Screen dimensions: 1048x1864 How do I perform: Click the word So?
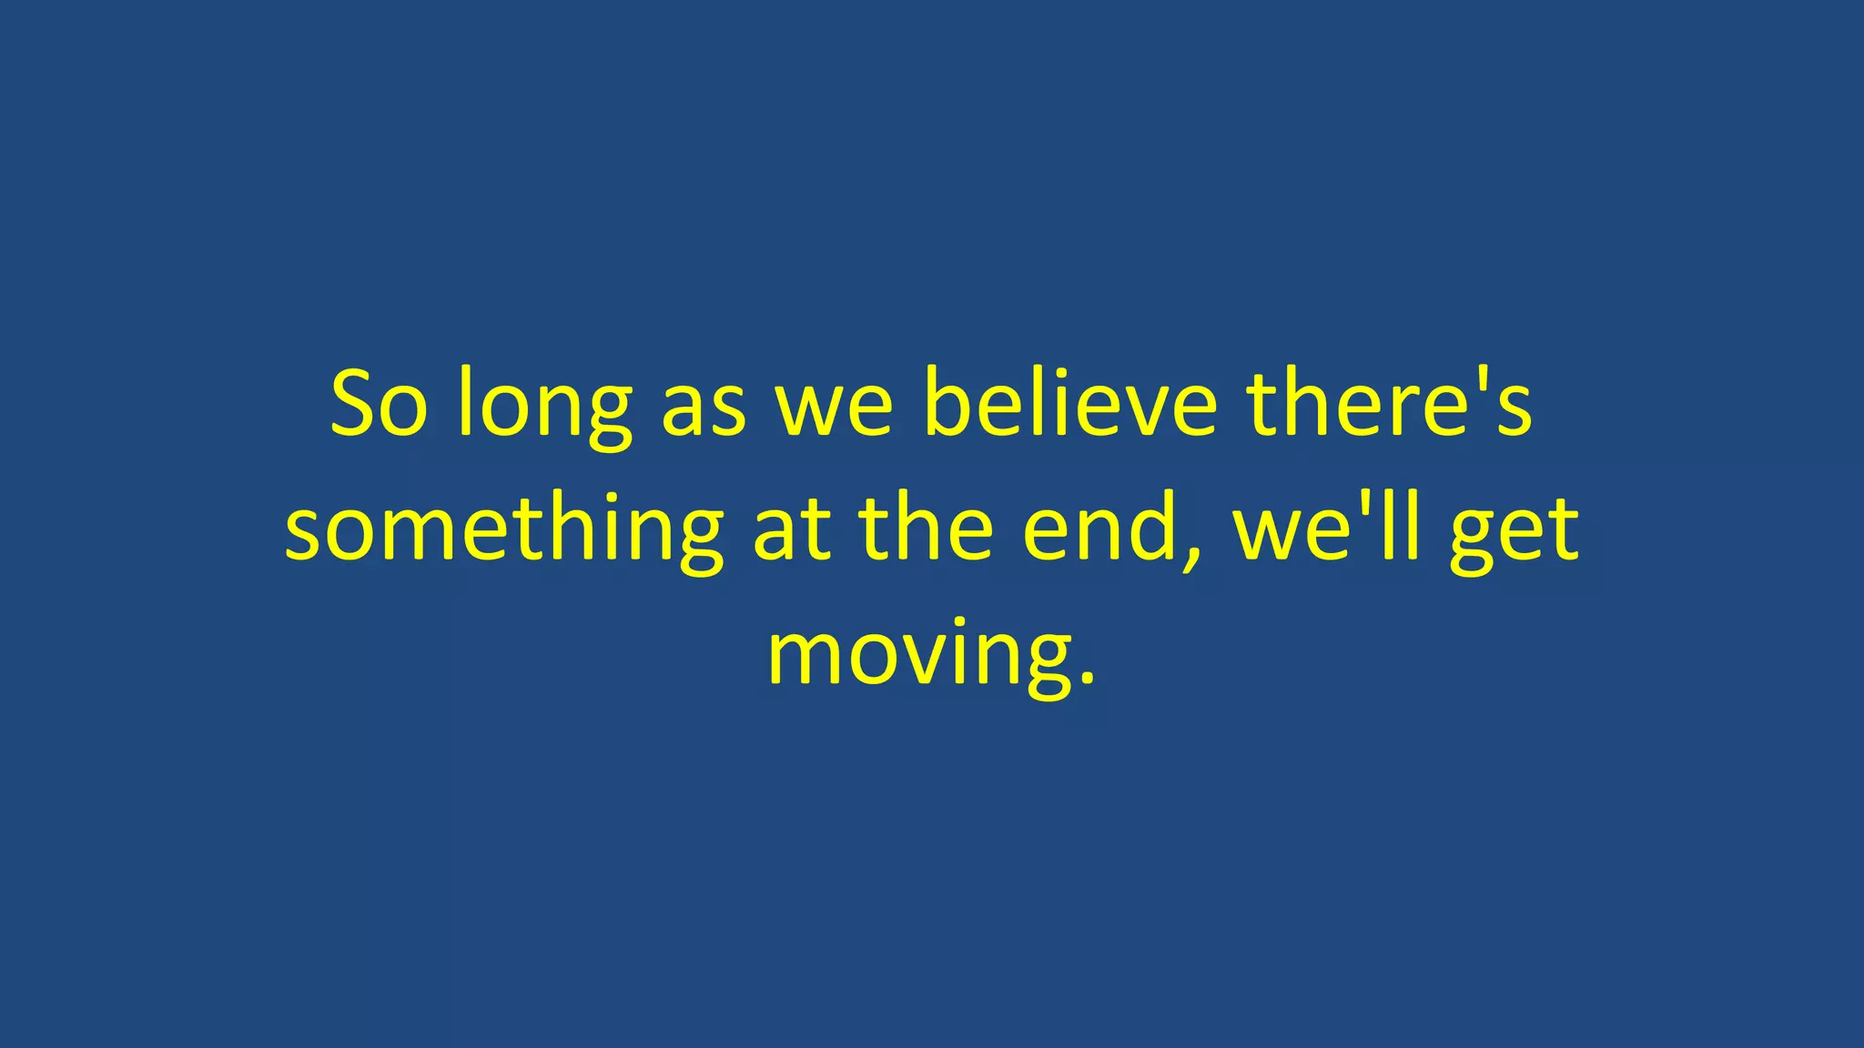[x=378, y=404]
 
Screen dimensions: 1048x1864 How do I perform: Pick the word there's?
[x=1390, y=404]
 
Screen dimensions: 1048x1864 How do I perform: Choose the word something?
[x=504, y=532]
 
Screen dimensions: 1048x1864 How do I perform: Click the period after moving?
[x=1085, y=678]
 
